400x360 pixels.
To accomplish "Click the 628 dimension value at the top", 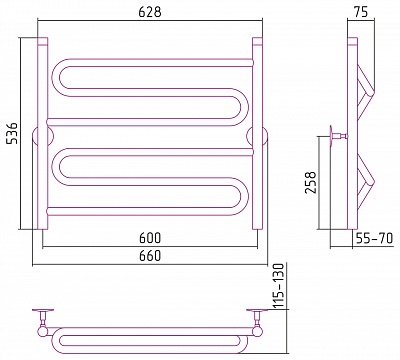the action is coord(150,12).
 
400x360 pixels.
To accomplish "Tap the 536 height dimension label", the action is coord(12,133).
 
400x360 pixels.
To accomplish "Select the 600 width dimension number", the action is coord(150,238).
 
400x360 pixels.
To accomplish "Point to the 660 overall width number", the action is coord(150,256).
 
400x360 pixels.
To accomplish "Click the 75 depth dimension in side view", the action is coord(360,12).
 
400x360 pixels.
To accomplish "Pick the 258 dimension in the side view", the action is coord(310,182).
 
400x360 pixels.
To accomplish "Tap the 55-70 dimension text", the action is coord(374,238).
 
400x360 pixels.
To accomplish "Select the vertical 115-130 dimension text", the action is coord(279,285).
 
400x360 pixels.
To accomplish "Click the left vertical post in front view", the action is coord(43,133).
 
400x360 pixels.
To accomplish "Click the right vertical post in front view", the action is coord(258,133).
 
